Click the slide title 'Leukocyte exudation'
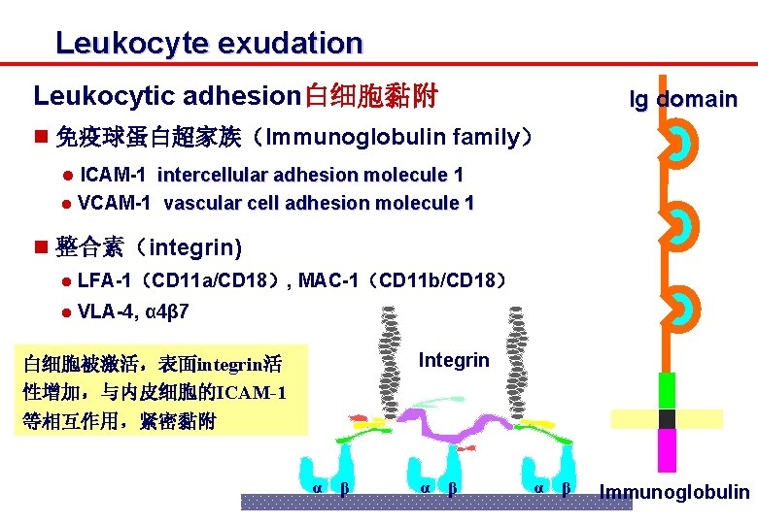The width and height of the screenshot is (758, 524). [x=208, y=44]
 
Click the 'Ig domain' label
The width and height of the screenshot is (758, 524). [x=682, y=99]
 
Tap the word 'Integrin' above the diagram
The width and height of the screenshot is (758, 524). [x=454, y=360]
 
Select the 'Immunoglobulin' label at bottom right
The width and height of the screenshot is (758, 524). [x=674, y=492]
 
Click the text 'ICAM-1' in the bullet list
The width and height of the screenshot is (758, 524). [x=114, y=175]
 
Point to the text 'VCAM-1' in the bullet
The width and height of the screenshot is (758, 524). [x=114, y=203]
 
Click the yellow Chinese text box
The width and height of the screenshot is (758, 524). [x=160, y=392]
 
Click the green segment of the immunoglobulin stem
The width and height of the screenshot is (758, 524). [x=667, y=391]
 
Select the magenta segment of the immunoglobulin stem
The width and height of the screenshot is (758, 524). [x=667, y=451]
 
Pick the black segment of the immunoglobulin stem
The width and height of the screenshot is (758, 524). [x=667, y=419]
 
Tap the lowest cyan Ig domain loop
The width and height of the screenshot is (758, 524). [x=683, y=310]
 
